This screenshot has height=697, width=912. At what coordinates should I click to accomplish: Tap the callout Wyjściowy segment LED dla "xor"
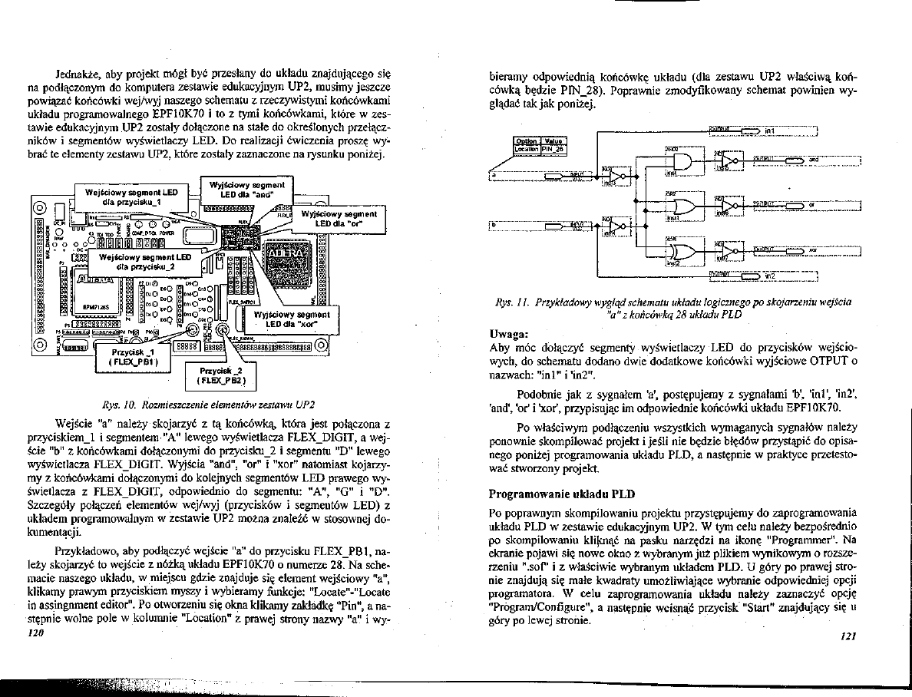click(x=292, y=319)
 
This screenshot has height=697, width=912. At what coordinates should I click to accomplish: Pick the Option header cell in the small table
click(x=526, y=141)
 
